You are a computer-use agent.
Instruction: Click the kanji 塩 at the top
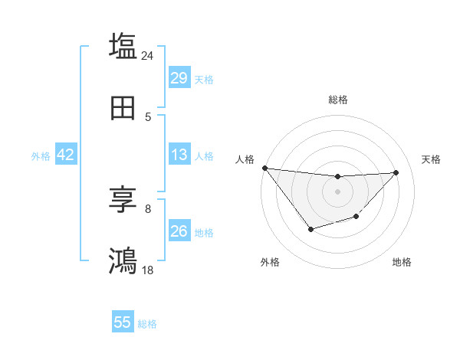click(x=123, y=45)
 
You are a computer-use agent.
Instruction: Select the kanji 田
click(x=123, y=108)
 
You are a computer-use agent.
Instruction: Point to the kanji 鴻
click(x=123, y=261)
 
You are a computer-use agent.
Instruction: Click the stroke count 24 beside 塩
click(x=148, y=55)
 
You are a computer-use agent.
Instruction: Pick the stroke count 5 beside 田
click(x=148, y=117)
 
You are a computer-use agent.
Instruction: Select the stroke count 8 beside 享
click(x=148, y=208)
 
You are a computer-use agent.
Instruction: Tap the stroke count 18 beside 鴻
click(x=148, y=270)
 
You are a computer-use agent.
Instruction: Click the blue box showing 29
click(x=179, y=78)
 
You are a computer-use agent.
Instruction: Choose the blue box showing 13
click(x=179, y=155)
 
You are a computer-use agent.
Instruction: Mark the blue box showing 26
click(x=179, y=231)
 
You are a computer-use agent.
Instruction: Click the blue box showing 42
click(x=65, y=155)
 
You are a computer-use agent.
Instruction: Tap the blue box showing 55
click(x=123, y=322)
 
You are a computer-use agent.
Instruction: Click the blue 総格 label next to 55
click(x=147, y=324)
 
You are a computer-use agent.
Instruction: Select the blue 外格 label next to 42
click(x=41, y=156)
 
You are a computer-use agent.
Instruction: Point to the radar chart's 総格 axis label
click(x=337, y=100)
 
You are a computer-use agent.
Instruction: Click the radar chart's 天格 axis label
click(x=431, y=159)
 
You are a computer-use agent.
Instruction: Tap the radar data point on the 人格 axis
click(x=264, y=168)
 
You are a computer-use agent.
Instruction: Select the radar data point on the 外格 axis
click(x=310, y=229)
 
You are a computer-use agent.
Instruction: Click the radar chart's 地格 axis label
click(x=402, y=262)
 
